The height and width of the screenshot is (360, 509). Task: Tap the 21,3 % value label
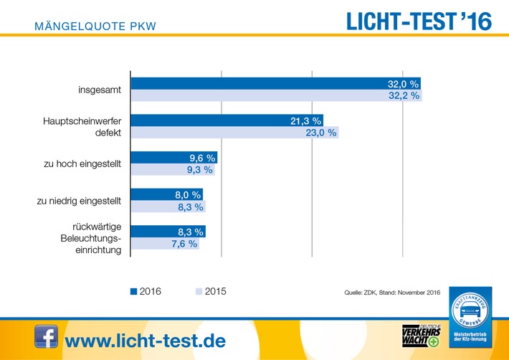304,121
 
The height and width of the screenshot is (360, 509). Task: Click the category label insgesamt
100,90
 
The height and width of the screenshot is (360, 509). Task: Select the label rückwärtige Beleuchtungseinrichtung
91,237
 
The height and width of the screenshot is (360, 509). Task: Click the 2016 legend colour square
133,292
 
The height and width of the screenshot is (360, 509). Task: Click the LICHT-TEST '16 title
419,22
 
